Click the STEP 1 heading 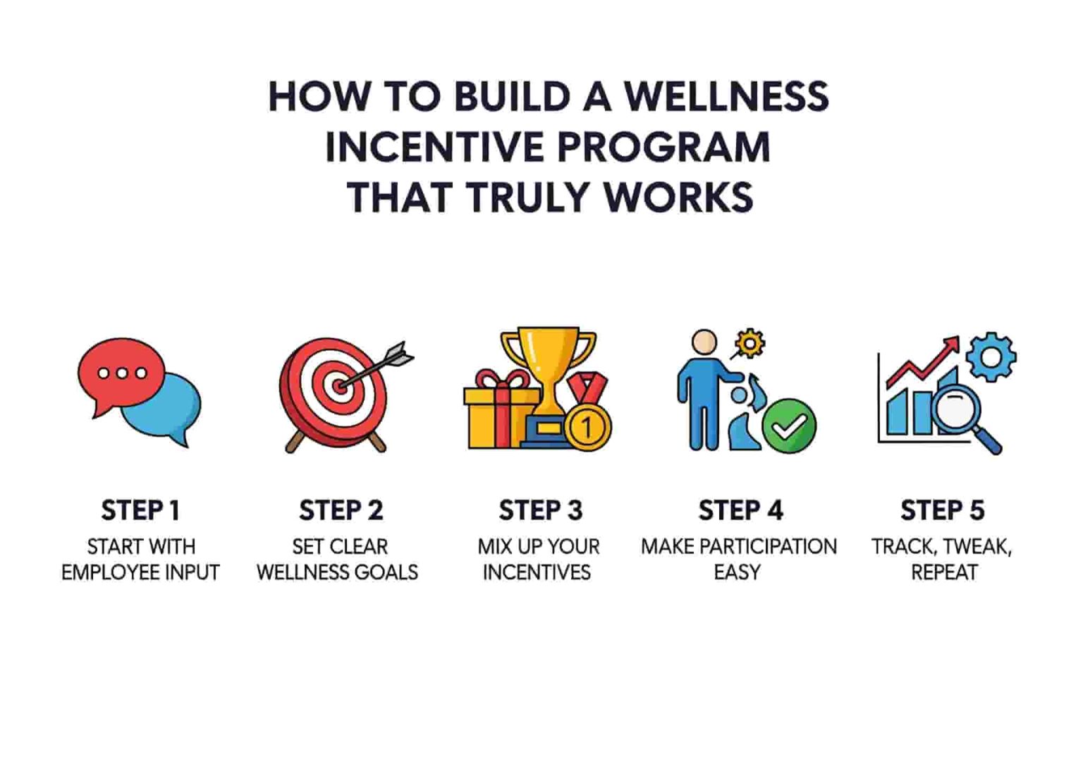click(140, 510)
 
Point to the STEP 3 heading click(540, 510)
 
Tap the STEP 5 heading click(942, 510)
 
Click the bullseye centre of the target click(339, 385)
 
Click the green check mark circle click(789, 426)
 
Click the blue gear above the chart click(991, 356)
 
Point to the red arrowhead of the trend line click(953, 344)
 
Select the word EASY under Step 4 click(737, 572)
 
